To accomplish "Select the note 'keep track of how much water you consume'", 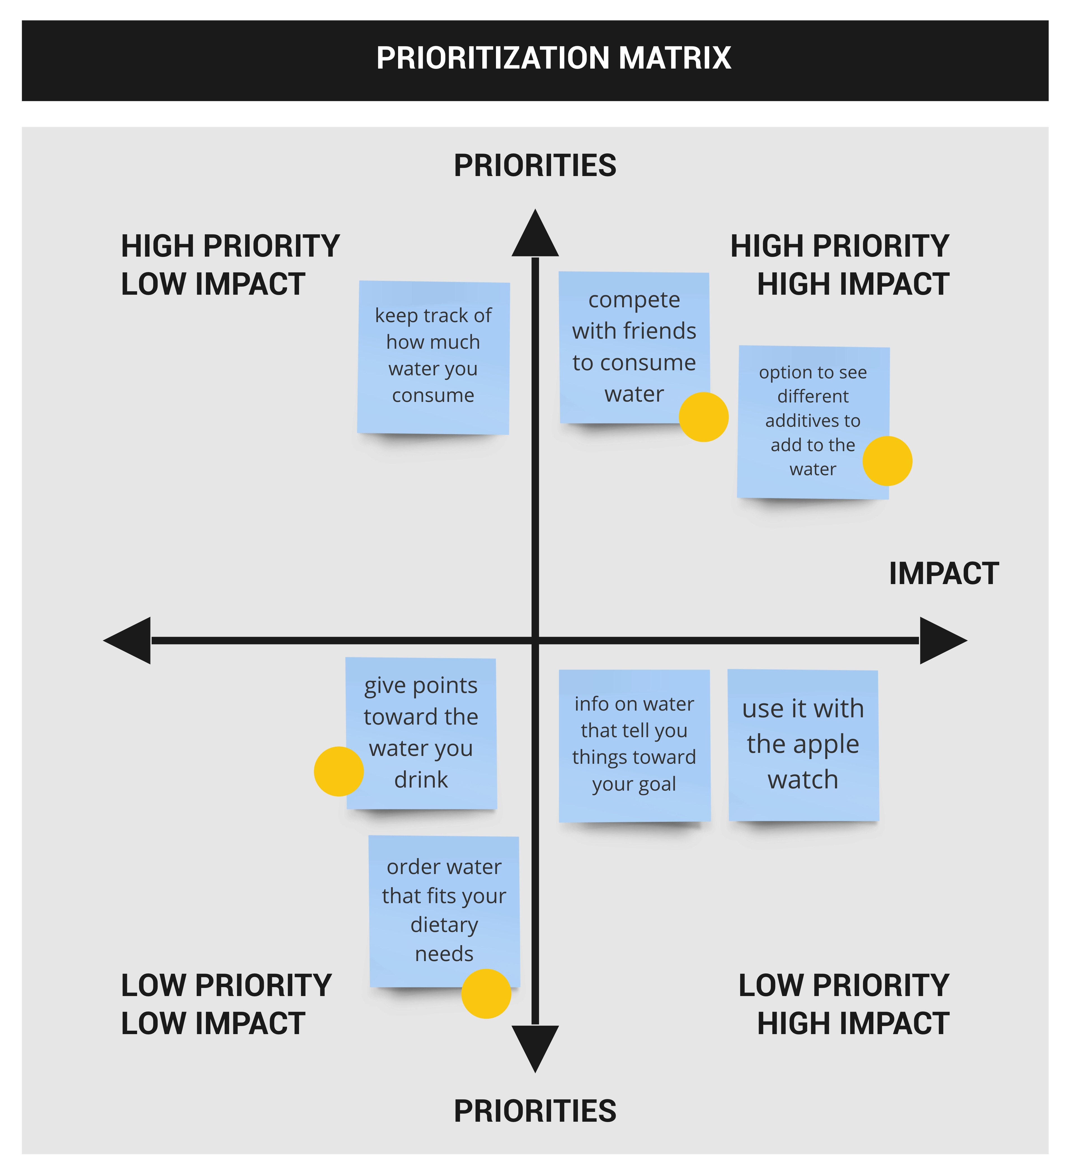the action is pos(433,358).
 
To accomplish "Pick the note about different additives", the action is pos(813,422).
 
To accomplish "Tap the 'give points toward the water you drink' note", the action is pos(421,733).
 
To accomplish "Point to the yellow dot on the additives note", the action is pos(887,461).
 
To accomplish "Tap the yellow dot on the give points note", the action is pos(339,771).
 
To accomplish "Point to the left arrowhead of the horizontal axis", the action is pos(127,641).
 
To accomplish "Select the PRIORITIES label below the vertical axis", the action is pos(535,1111).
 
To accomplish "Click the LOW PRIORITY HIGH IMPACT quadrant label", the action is pos(844,1004).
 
